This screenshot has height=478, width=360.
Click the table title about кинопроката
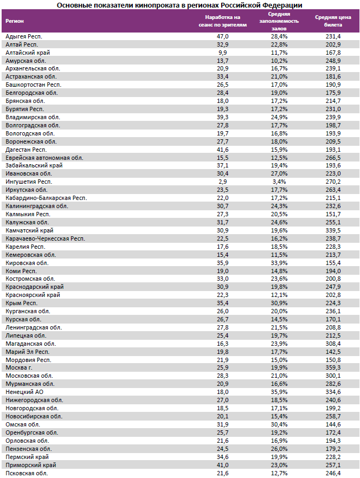click(x=180, y=4)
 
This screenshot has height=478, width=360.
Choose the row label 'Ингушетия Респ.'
click(x=28, y=182)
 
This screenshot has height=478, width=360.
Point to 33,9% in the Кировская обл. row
click(x=280, y=263)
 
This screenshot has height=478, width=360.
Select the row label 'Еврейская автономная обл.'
click(x=44, y=158)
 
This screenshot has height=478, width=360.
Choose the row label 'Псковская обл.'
click(x=27, y=473)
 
